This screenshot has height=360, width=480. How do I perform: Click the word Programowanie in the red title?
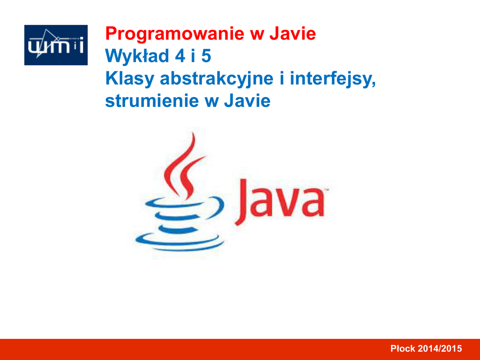[x=175, y=34]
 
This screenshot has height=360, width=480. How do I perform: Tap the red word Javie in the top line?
[x=292, y=33]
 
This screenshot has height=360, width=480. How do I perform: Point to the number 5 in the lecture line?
[x=206, y=56]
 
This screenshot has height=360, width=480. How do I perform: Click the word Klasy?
[x=130, y=79]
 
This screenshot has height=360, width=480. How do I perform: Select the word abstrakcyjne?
[x=217, y=79]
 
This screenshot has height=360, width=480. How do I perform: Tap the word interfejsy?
[x=333, y=79]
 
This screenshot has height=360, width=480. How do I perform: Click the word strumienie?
[x=152, y=101]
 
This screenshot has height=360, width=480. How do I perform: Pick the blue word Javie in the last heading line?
[x=247, y=101]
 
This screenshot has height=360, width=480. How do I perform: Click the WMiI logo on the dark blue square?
[x=56, y=45]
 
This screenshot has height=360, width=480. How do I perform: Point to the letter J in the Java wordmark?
[x=241, y=202]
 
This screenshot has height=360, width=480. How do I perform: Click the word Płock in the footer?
[x=403, y=348]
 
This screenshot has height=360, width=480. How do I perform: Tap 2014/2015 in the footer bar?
[x=440, y=348]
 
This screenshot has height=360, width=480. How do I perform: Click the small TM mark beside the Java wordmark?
[x=326, y=190]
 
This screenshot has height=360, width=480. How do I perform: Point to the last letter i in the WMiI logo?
[x=81, y=45]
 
